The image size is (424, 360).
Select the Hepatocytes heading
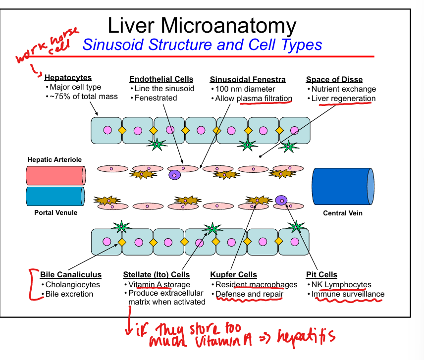[x=68, y=78]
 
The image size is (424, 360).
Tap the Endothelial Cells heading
[x=161, y=79]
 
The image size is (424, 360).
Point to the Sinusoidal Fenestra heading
[x=248, y=79]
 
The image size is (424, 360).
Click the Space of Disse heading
[x=334, y=79]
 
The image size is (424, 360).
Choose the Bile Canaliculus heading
[x=71, y=275]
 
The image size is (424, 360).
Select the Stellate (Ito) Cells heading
[x=156, y=275]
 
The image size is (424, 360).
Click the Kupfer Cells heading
[x=233, y=275]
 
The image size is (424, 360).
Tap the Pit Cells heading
[x=321, y=275]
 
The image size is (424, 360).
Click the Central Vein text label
[x=343, y=213]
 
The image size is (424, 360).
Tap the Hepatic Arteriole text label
[x=54, y=159]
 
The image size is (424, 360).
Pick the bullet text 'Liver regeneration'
[x=343, y=99]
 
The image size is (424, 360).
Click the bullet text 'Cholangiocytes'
[x=72, y=285]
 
